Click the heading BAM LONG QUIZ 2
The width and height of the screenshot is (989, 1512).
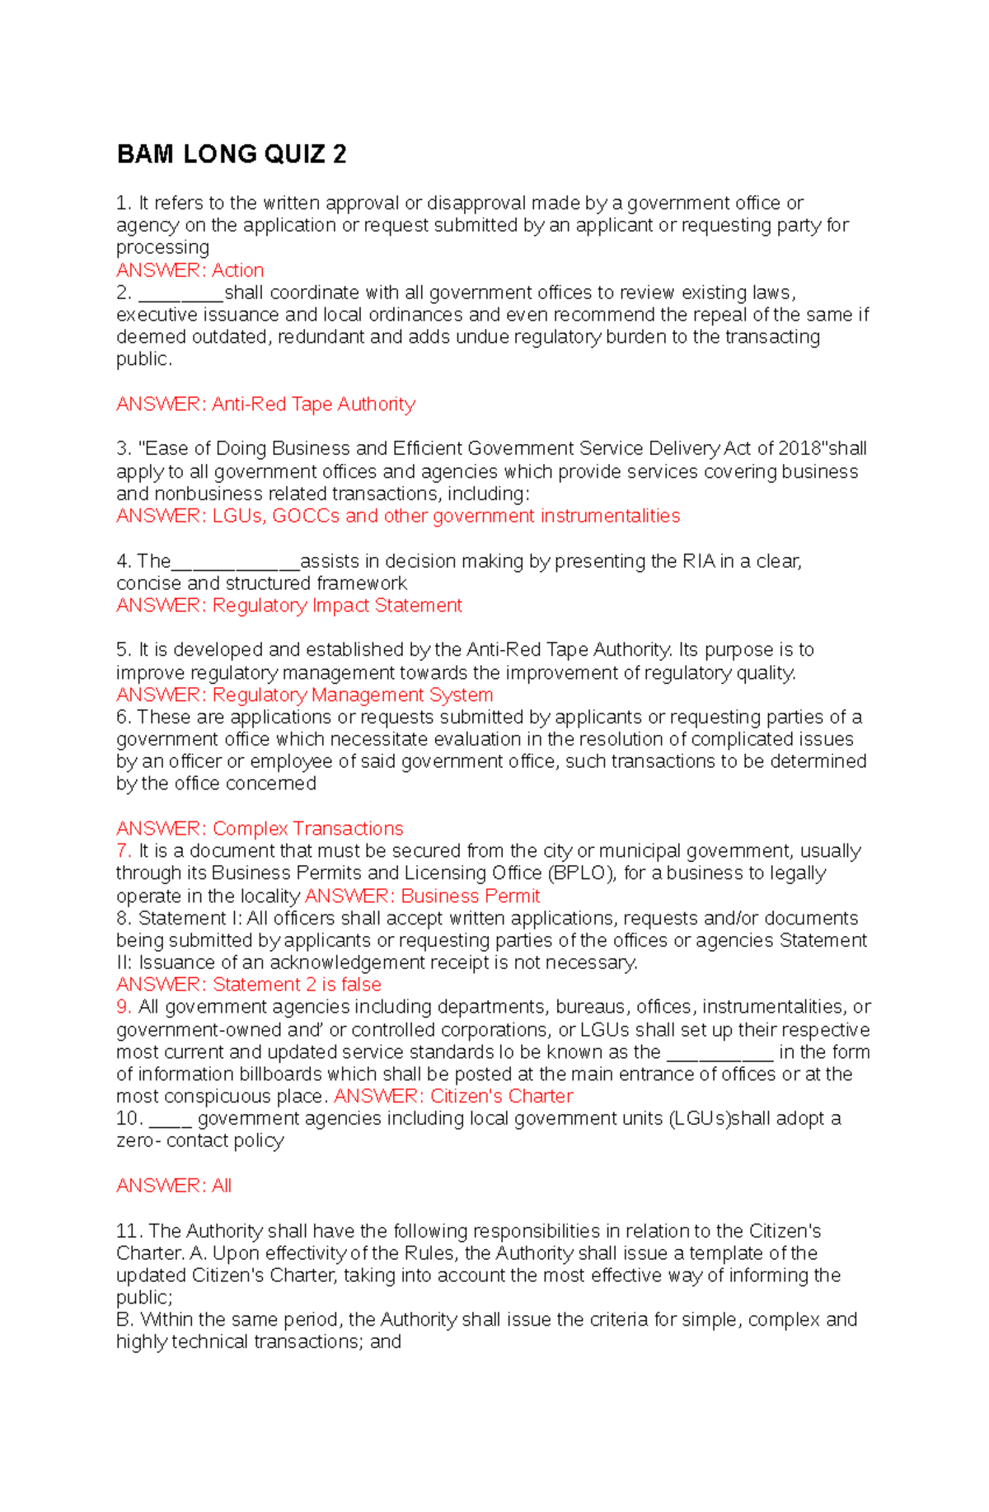tap(232, 154)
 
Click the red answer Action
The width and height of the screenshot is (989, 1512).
tap(237, 270)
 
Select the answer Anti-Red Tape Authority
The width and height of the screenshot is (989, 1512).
tap(313, 404)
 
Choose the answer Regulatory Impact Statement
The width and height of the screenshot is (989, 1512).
tap(337, 606)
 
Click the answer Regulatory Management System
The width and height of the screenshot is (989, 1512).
tap(353, 695)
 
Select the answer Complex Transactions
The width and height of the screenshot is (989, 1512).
tap(307, 828)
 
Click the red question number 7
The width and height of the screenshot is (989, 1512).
tap(124, 850)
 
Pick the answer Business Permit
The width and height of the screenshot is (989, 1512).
tap(471, 896)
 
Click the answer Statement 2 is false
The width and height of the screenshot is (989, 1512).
tap(297, 984)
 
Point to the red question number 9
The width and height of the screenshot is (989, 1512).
tap(124, 1006)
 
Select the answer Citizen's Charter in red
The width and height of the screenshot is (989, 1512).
tap(501, 1096)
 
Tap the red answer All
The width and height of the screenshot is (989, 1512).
tap(222, 1186)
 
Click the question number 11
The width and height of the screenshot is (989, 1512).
tap(129, 1231)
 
